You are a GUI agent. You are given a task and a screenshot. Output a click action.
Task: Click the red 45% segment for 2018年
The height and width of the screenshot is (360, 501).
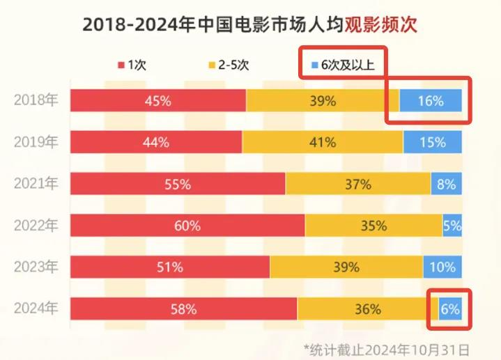[158, 100]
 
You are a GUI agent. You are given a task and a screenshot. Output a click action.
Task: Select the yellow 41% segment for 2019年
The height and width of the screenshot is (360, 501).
[322, 142]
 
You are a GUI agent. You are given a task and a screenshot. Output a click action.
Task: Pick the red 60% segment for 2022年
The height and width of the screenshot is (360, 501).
[187, 226]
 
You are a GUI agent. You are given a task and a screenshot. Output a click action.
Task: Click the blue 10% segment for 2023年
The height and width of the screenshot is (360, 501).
[442, 267]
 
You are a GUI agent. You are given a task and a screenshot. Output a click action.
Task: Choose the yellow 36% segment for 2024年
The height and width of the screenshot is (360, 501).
[367, 308]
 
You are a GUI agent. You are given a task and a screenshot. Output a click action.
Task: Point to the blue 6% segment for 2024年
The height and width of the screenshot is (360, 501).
[450, 308]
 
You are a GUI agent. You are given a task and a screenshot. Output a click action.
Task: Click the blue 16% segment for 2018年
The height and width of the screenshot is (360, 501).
[431, 100]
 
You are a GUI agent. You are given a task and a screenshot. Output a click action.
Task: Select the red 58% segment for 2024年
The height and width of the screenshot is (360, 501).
[184, 308]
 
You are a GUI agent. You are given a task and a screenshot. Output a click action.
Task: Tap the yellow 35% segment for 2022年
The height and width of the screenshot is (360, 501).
[373, 226]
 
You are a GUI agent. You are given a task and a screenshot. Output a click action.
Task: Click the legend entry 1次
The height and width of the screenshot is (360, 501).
[132, 65]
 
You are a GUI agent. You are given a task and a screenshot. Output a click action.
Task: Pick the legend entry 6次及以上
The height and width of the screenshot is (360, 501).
[342, 65]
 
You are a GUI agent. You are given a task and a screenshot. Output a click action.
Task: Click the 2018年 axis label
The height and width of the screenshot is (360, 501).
[36, 100]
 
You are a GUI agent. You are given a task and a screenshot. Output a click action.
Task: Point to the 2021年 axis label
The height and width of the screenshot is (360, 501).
[36, 184]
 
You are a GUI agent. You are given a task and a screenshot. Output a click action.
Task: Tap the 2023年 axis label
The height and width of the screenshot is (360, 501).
[36, 267]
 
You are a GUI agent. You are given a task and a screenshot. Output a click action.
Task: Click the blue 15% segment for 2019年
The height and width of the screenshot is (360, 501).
[433, 142]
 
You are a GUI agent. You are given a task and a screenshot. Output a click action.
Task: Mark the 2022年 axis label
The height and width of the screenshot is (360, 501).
[36, 226]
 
